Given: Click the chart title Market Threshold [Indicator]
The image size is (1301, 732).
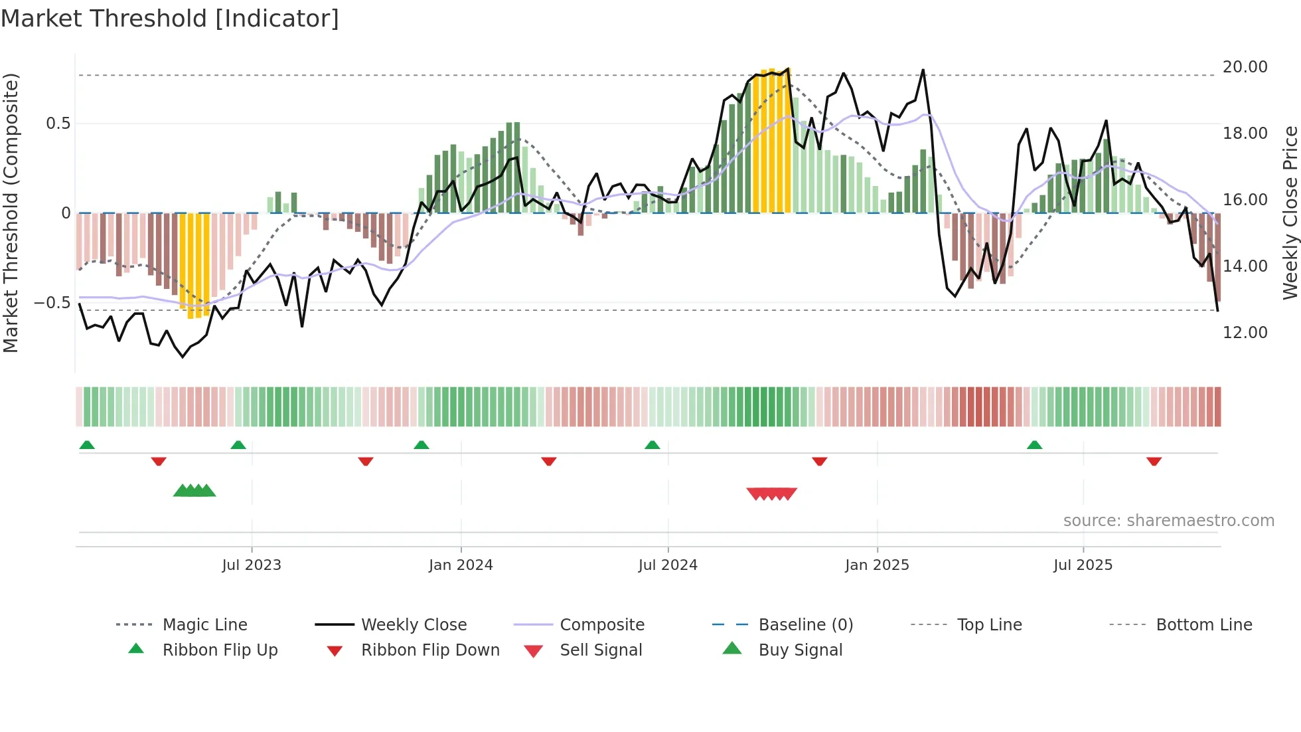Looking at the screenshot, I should tap(170, 19).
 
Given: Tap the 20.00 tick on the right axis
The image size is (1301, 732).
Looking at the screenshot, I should tap(1245, 67).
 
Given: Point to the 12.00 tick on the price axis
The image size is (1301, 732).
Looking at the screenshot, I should tap(1245, 333).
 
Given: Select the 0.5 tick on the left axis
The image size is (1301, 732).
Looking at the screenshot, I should tap(58, 124).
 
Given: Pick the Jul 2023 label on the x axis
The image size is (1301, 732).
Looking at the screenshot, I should tap(252, 565).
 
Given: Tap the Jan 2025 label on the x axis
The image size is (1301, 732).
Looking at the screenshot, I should tap(877, 565).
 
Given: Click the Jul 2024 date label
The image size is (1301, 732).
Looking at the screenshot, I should tap(668, 565).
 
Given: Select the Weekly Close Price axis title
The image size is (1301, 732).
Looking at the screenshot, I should tap(1290, 213).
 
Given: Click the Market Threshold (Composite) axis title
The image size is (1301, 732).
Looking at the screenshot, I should tap(11, 213).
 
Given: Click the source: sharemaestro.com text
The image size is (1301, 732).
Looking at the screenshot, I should tap(1168, 521).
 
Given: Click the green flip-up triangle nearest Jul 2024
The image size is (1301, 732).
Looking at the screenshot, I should tap(652, 445).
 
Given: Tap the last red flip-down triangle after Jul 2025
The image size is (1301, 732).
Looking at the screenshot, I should tap(1154, 461).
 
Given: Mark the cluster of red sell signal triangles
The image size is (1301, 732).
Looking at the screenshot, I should tap(771, 494).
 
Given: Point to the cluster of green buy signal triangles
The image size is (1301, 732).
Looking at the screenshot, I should tap(194, 491).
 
